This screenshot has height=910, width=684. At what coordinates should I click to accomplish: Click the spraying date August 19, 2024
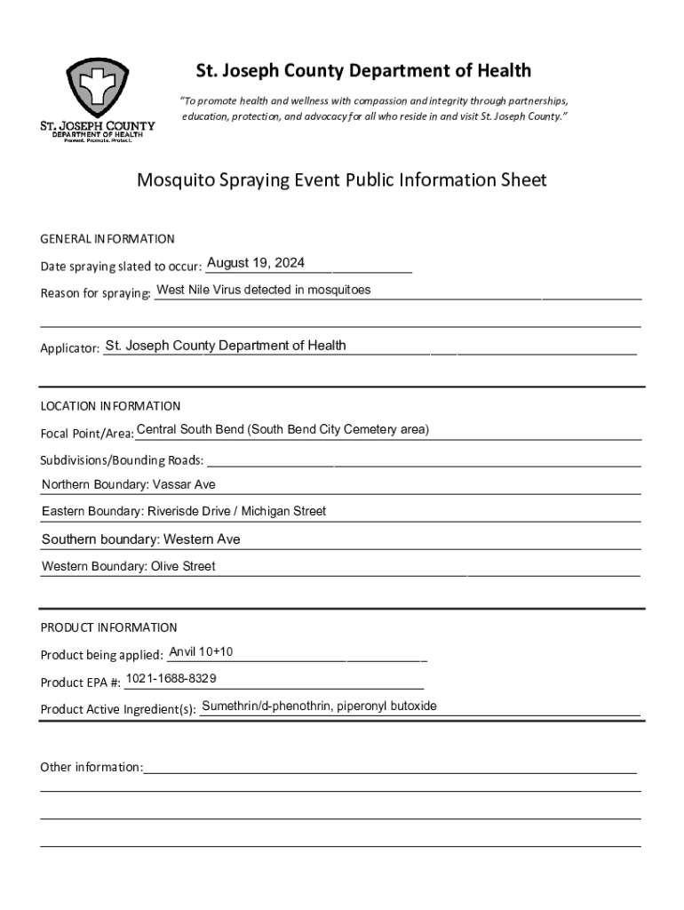pyautogui.click(x=256, y=263)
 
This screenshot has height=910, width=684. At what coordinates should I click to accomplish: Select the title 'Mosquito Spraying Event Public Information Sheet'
pyautogui.click(x=341, y=180)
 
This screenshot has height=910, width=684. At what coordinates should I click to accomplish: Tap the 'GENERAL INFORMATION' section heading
pyautogui.click(x=107, y=239)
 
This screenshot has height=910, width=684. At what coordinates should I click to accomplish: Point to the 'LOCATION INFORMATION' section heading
pyautogui.click(x=110, y=406)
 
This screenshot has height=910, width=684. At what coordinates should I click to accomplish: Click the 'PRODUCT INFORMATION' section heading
pyautogui.click(x=108, y=627)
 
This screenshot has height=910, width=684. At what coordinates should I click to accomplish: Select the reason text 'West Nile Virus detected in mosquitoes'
pyautogui.click(x=264, y=290)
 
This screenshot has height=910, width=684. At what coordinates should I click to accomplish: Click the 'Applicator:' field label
pyautogui.click(x=69, y=349)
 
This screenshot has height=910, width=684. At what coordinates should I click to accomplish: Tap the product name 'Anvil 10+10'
pyautogui.click(x=201, y=652)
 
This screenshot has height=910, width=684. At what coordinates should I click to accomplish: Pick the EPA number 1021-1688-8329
pyautogui.click(x=171, y=679)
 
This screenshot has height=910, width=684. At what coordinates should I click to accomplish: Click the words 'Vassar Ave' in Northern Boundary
pyautogui.click(x=184, y=484)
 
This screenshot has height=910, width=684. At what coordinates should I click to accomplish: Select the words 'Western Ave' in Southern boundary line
pyautogui.click(x=202, y=539)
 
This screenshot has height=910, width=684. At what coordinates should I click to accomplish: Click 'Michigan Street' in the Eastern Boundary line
pyautogui.click(x=283, y=511)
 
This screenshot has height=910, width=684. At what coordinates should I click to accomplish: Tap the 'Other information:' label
pyautogui.click(x=91, y=767)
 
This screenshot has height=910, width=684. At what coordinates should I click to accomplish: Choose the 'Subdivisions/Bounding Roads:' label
pyautogui.click(x=122, y=460)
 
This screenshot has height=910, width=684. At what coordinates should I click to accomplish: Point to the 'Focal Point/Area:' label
pyautogui.click(x=87, y=434)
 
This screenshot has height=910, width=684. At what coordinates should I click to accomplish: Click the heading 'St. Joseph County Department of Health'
pyautogui.click(x=363, y=70)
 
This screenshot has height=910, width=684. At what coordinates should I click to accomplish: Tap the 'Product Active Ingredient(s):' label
pyautogui.click(x=118, y=710)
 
